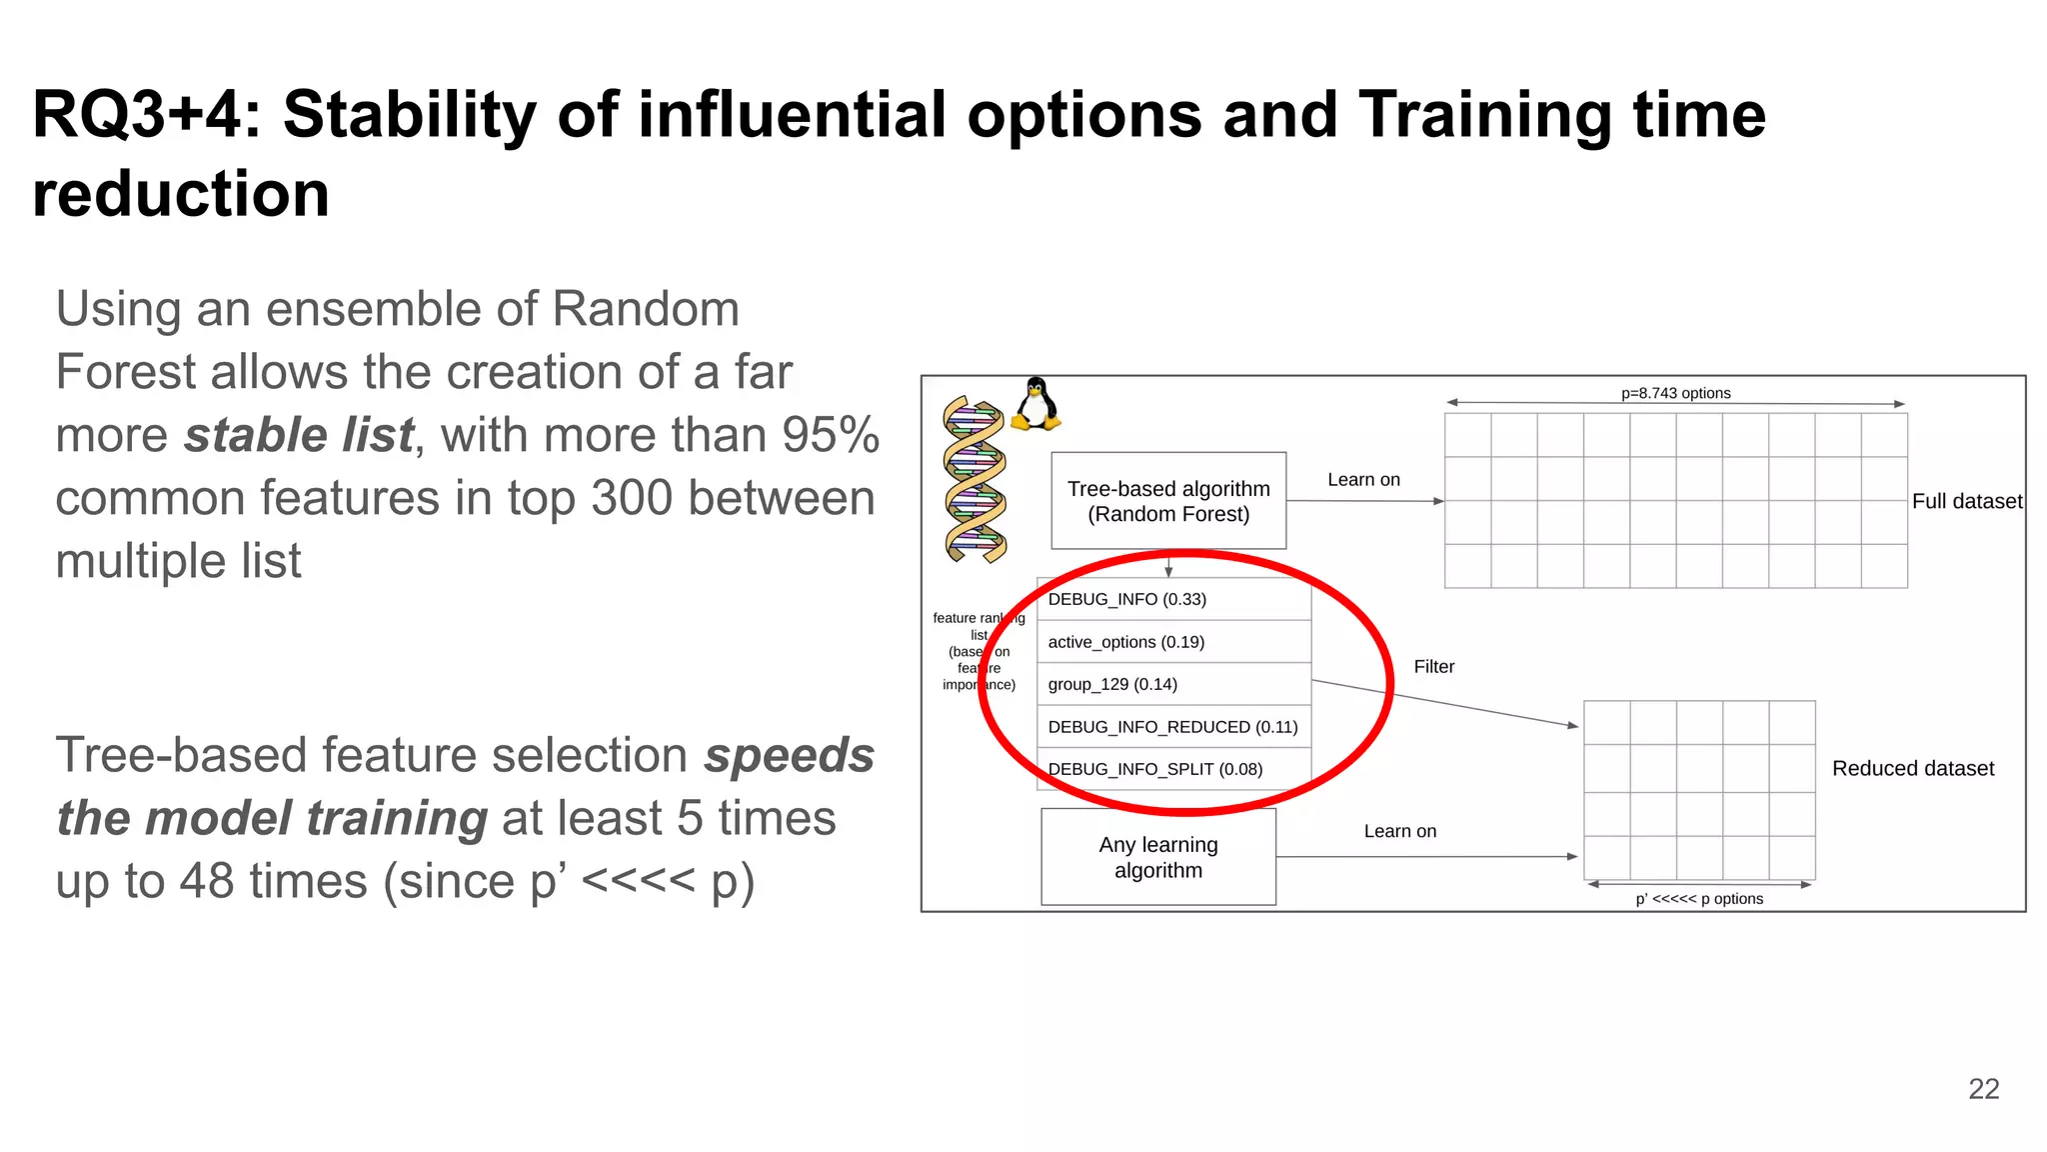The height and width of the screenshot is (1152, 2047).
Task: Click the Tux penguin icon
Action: (1035, 404)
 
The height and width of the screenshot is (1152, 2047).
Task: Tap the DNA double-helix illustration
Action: (975, 479)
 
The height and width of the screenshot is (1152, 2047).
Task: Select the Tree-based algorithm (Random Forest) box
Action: (1168, 501)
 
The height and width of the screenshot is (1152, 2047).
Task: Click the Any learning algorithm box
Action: (1158, 857)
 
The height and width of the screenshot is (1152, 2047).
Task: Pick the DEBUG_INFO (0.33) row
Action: (1173, 599)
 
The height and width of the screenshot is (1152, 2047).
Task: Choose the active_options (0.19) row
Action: (1173, 642)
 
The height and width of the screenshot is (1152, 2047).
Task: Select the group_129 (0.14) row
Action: (1173, 684)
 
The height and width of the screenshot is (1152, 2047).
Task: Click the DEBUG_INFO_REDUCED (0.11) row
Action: (1173, 727)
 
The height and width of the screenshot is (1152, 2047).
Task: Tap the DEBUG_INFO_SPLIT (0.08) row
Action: (1173, 769)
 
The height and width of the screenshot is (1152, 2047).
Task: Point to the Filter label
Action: (1433, 667)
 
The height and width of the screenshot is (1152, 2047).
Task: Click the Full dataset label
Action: (1966, 501)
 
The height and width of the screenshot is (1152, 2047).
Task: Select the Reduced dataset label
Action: (1912, 768)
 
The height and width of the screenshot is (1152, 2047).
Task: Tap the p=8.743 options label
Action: (1675, 393)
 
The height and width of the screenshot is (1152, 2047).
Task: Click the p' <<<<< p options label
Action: (1698, 899)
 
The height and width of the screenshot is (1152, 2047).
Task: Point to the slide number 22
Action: (1983, 1089)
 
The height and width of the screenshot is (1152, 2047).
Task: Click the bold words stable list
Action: (299, 435)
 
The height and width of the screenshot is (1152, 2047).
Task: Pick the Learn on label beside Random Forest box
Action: (1363, 480)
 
